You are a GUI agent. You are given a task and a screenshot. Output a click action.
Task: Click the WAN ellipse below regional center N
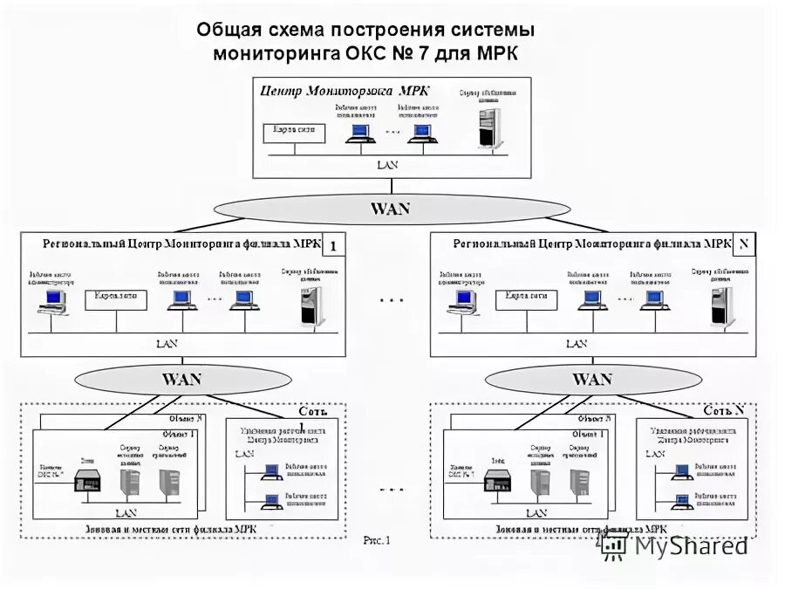591,380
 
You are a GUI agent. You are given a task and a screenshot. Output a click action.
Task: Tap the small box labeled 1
333,246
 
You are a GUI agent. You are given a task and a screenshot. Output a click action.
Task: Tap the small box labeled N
743,246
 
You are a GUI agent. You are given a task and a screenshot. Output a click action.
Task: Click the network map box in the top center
294,133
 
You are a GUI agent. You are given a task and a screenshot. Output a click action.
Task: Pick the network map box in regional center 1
116,299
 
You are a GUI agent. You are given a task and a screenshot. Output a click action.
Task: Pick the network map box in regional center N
526,299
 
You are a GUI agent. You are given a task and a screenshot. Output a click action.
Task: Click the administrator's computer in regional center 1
51,301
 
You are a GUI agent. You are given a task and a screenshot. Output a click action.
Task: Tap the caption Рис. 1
377,540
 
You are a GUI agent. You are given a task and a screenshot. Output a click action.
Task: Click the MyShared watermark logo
675,546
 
